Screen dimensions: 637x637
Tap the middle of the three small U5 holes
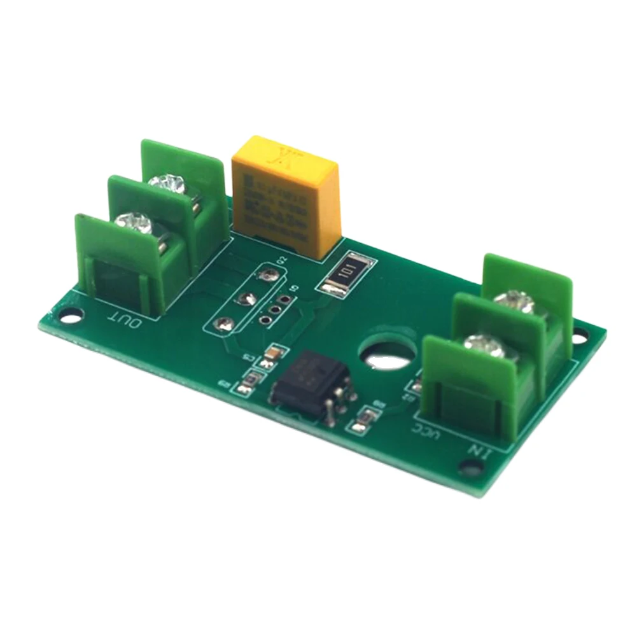pos(275,309)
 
